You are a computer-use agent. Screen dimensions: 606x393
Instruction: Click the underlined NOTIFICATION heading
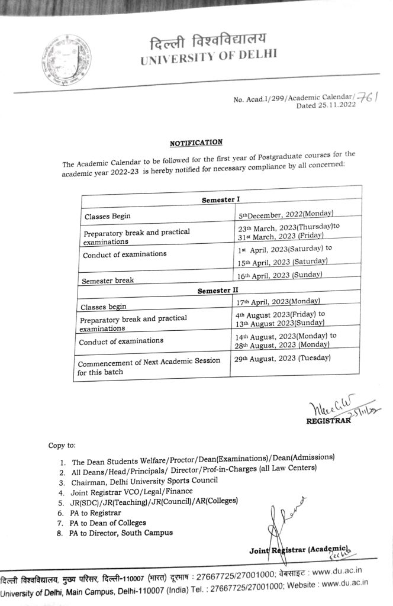click(x=196, y=143)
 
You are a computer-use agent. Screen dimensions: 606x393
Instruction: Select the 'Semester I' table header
click(x=220, y=200)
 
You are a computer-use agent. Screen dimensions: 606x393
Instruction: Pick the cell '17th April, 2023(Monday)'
click(x=277, y=302)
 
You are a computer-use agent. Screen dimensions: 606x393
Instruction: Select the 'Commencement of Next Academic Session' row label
click(x=149, y=361)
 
